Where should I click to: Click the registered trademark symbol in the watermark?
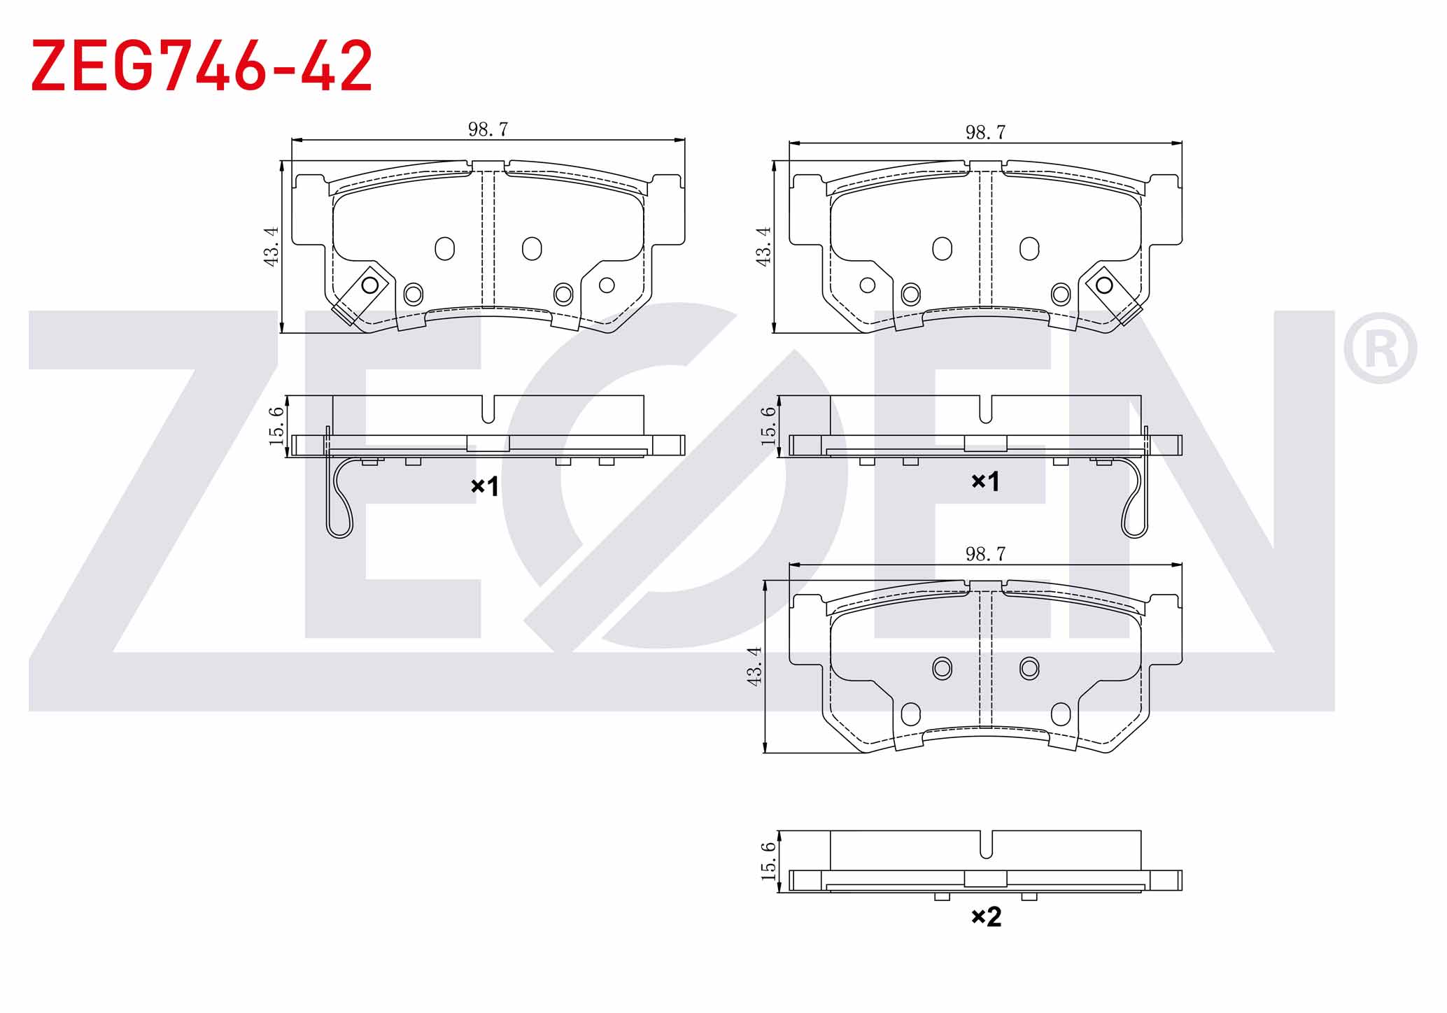click(x=1380, y=348)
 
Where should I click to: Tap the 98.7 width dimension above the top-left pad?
click(x=488, y=129)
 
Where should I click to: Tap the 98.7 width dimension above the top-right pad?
click(x=985, y=132)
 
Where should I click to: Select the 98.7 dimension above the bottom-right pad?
click(x=985, y=554)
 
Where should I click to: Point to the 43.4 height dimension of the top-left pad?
click(x=271, y=246)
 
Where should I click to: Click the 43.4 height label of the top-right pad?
click(x=763, y=246)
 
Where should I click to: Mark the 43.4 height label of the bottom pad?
click(x=754, y=666)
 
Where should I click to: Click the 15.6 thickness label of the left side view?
click(x=277, y=425)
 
